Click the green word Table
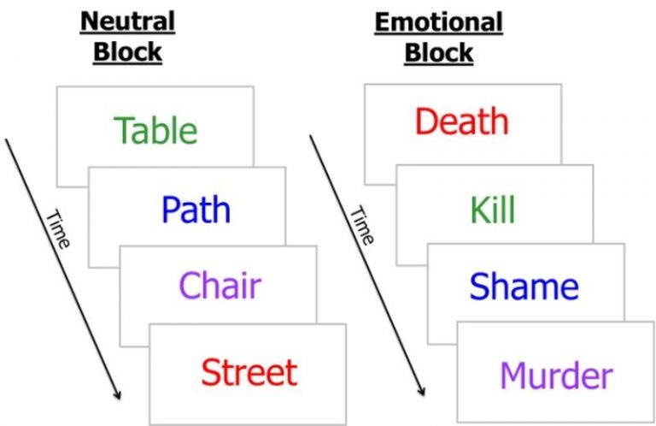pyautogui.click(x=155, y=131)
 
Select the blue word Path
pyautogui.click(x=196, y=210)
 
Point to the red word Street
pyautogui.click(x=249, y=372)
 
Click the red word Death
pyautogui.click(x=461, y=122)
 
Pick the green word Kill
pyautogui.click(x=492, y=210)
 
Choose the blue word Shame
pyautogui.click(x=524, y=287)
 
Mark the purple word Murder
pyautogui.click(x=556, y=376)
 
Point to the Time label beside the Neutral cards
pyautogui.click(x=57, y=229)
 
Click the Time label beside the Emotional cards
pyautogui.click(x=361, y=226)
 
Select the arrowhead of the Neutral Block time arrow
pyautogui.click(x=117, y=394)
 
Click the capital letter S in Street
pyautogui.click(x=210, y=372)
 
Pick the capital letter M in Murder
pyautogui.click(x=512, y=376)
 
